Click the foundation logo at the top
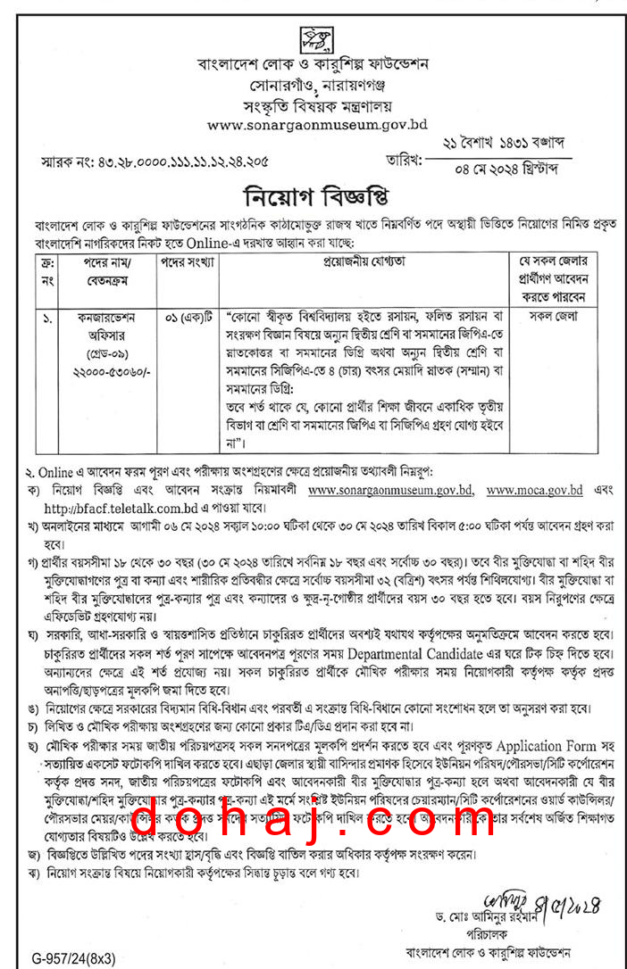pyautogui.click(x=313, y=37)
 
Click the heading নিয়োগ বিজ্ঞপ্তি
pyautogui.click(x=313, y=195)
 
